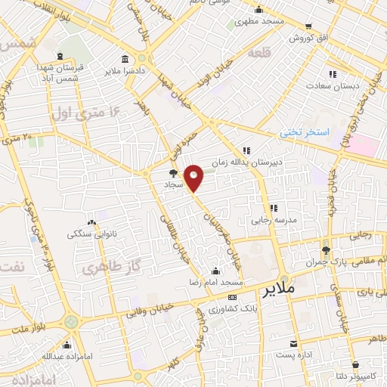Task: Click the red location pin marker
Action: pyautogui.click(x=194, y=178)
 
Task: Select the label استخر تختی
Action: pyautogui.click(x=305, y=132)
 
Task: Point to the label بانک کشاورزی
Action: pyautogui.click(x=255, y=309)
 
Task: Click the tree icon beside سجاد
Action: pyautogui.click(x=174, y=173)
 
